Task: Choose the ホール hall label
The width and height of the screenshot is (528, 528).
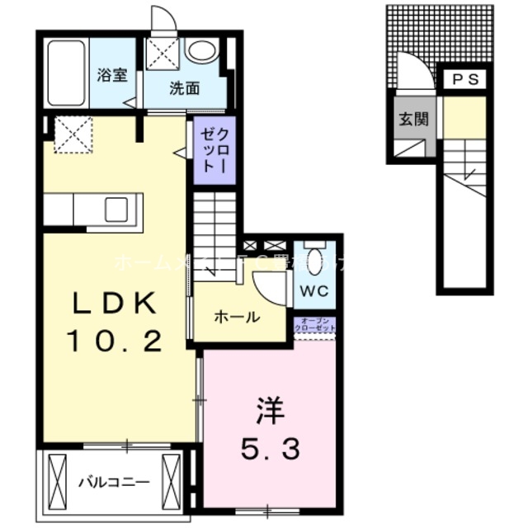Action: tap(237, 317)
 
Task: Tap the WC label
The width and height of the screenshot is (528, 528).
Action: tap(313, 291)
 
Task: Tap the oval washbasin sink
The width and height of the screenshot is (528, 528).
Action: tap(200, 51)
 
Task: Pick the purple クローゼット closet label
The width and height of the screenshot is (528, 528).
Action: tap(213, 149)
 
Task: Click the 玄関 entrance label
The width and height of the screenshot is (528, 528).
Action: tap(414, 118)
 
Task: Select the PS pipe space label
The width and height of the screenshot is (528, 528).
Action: tap(465, 79)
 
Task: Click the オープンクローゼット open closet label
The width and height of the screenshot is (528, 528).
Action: tap(314, 324)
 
